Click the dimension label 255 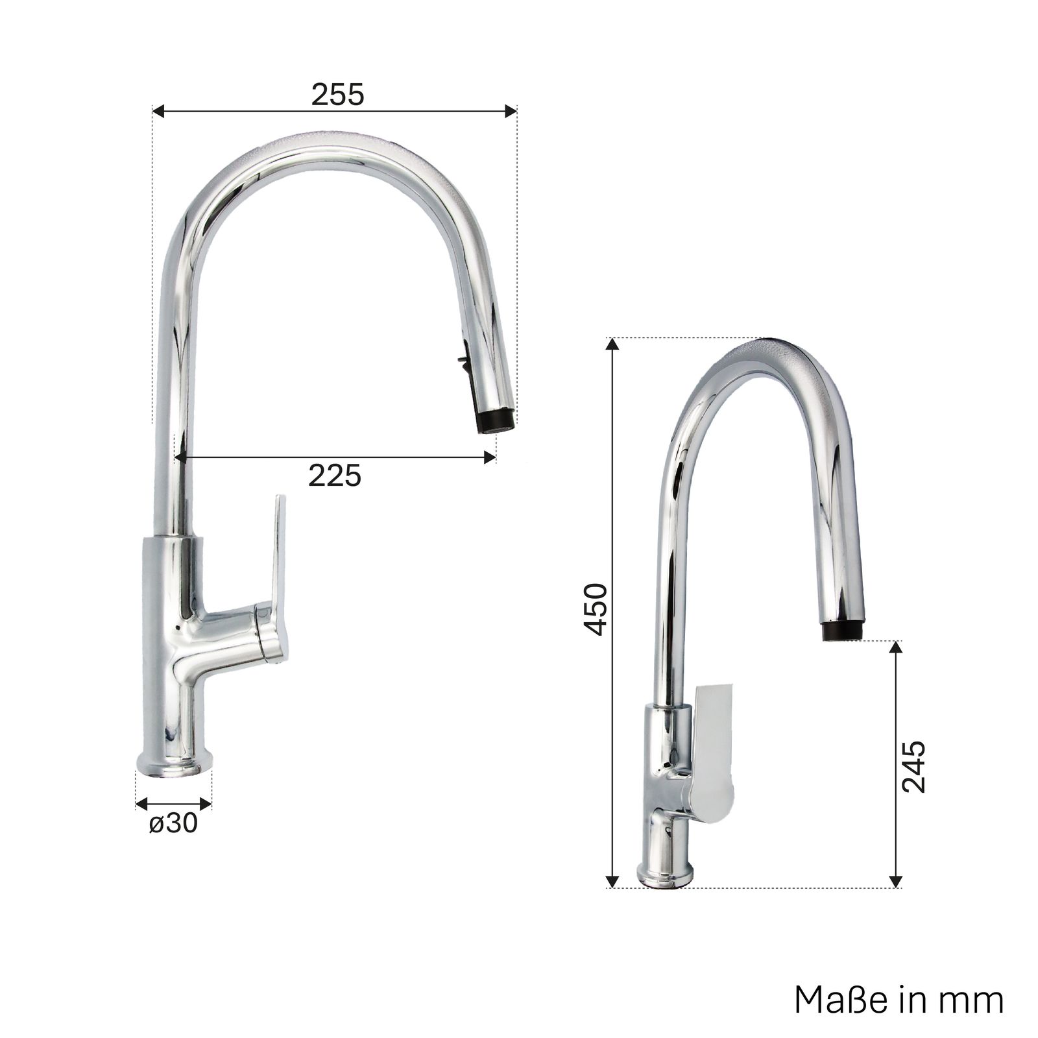tap(338, 95)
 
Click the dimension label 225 tap(334, 476)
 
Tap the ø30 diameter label tap(173, 823)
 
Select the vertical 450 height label tap(595, 609)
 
